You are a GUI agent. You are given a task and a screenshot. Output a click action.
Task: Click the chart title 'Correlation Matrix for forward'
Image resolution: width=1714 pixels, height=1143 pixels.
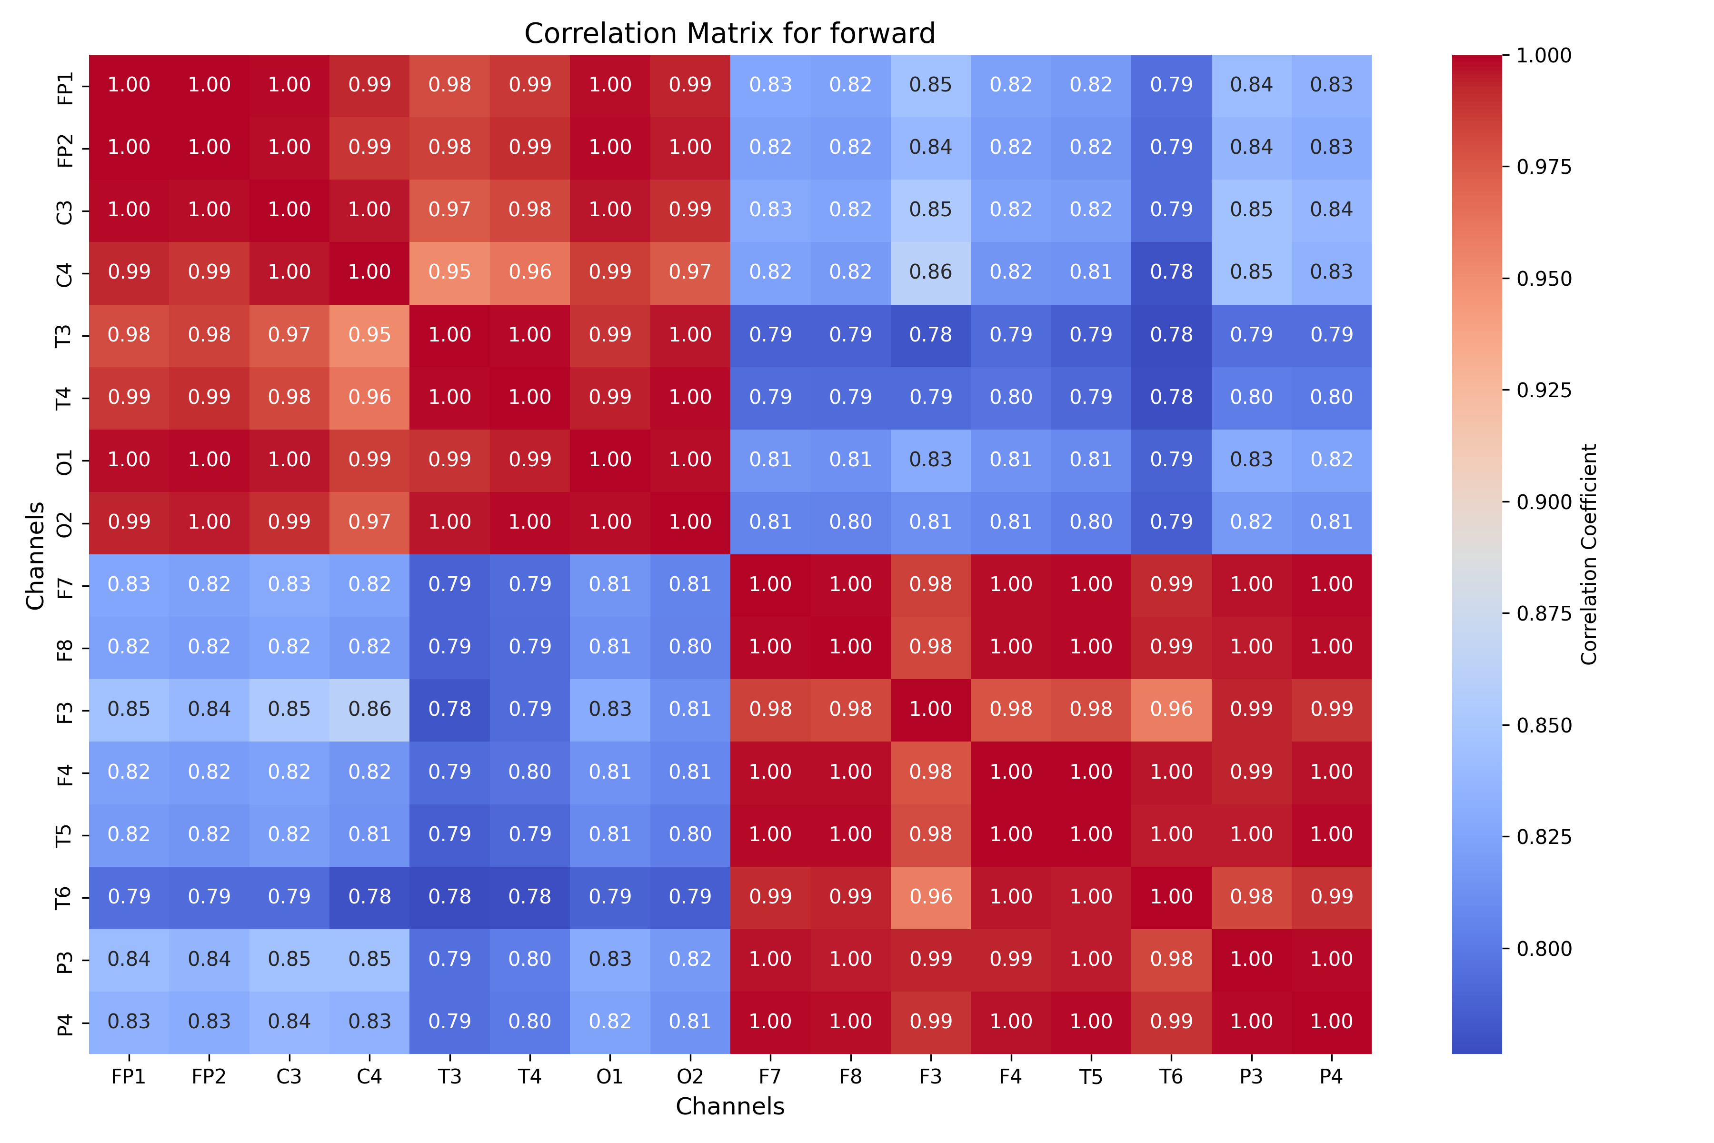click(729, 33)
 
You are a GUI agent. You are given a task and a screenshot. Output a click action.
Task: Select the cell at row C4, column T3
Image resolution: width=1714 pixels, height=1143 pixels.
click(449, 272)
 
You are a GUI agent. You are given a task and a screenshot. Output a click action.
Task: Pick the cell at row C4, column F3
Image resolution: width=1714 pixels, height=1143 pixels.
click(931, 272)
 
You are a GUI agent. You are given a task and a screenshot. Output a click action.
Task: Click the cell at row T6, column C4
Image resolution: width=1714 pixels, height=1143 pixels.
click(369, 897)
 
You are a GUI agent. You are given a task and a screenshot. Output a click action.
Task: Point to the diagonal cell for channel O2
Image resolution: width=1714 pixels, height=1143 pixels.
click(690, 522)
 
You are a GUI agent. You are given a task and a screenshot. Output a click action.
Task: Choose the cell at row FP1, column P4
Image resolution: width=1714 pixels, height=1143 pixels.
click(1331, 85)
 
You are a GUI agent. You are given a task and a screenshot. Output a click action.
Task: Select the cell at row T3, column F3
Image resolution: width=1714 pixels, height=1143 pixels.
click(931, 335)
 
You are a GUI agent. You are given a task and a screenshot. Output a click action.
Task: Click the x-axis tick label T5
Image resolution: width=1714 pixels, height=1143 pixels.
click(1091, 1077)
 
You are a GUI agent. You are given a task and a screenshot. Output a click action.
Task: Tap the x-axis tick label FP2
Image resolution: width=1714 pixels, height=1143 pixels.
click(209, 1077)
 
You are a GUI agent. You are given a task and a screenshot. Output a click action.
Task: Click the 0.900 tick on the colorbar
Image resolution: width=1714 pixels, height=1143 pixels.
click(1544, 502)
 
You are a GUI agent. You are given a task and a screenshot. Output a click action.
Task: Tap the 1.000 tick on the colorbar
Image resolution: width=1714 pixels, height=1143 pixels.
click(1544, 55)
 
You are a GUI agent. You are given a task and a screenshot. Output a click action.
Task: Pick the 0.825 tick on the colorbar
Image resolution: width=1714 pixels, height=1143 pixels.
click(1544, 837)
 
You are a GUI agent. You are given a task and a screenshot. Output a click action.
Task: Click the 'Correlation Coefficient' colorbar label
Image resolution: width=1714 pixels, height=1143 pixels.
click(1589, 554)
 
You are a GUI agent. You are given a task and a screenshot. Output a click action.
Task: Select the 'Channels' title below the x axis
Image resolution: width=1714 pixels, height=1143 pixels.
click(729, 1106)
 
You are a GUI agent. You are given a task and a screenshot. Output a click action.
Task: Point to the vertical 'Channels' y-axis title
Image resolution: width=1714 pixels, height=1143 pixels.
click(35, 555)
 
